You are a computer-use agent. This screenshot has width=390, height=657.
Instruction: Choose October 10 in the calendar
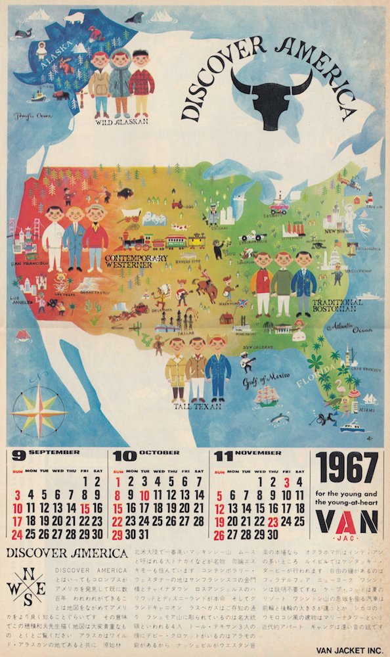pyautogui.click(x=145, y=495)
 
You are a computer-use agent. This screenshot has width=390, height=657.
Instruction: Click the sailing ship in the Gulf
pyautogui.click(x=269, y=396)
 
